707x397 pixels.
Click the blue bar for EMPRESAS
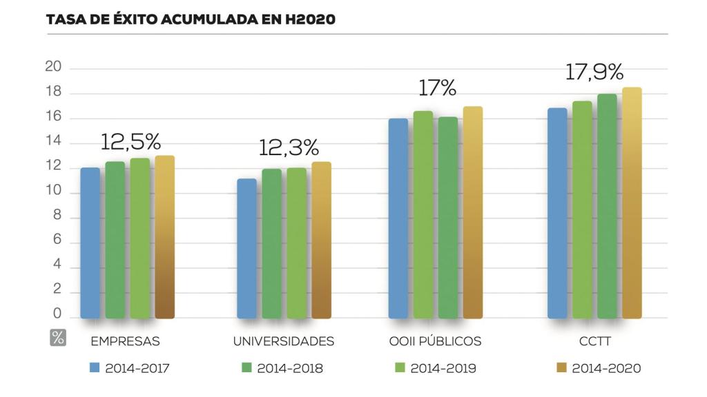coord(90,243)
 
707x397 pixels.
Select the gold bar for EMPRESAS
coord(165,237)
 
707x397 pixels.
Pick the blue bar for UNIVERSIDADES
coord(246,248)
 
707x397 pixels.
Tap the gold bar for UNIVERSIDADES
coord(321,240)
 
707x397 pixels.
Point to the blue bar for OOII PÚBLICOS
coord(398,218)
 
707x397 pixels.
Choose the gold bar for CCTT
coord(632,203)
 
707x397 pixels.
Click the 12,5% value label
coord(130,142)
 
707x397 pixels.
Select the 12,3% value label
coord(289,147)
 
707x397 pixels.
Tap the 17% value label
coord(438,88)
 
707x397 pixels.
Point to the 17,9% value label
coord(594,72)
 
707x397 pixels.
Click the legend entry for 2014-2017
coord(130,369)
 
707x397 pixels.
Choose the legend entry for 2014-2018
coord(282,369)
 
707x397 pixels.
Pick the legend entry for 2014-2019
coord(436,369)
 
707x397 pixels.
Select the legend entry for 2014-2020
coord(599,369)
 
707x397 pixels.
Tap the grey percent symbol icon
coord(58,338)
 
